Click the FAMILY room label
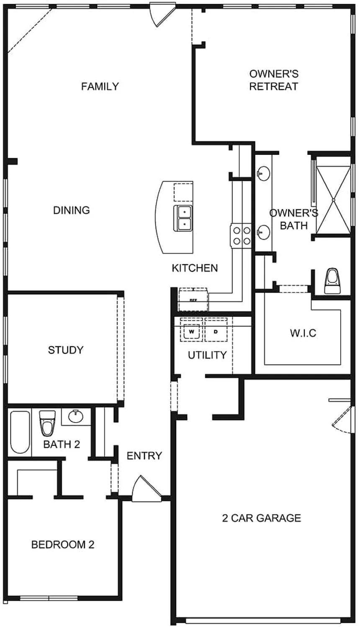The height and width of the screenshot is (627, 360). click(100, 87)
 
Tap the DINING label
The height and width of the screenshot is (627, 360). click(72, 210)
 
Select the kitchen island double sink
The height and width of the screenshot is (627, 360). click(183, 218)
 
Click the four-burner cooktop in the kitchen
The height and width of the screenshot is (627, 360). click(240, 235)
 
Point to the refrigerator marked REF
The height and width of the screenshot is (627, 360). click(193, 300)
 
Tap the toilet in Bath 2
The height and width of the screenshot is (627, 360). click(47, 423)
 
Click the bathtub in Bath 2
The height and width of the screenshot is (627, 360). click(20, 432)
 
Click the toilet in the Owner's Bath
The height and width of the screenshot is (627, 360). click(333, 281)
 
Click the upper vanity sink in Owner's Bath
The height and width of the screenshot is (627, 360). click(263, 173)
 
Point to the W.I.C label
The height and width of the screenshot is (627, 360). click(303, 334)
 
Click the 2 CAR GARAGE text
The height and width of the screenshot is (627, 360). click(261, 518)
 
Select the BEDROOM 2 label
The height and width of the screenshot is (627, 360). click(63, 545)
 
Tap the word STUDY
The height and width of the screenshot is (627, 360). click(66, 350)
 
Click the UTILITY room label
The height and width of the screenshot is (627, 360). click(207, 355)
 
